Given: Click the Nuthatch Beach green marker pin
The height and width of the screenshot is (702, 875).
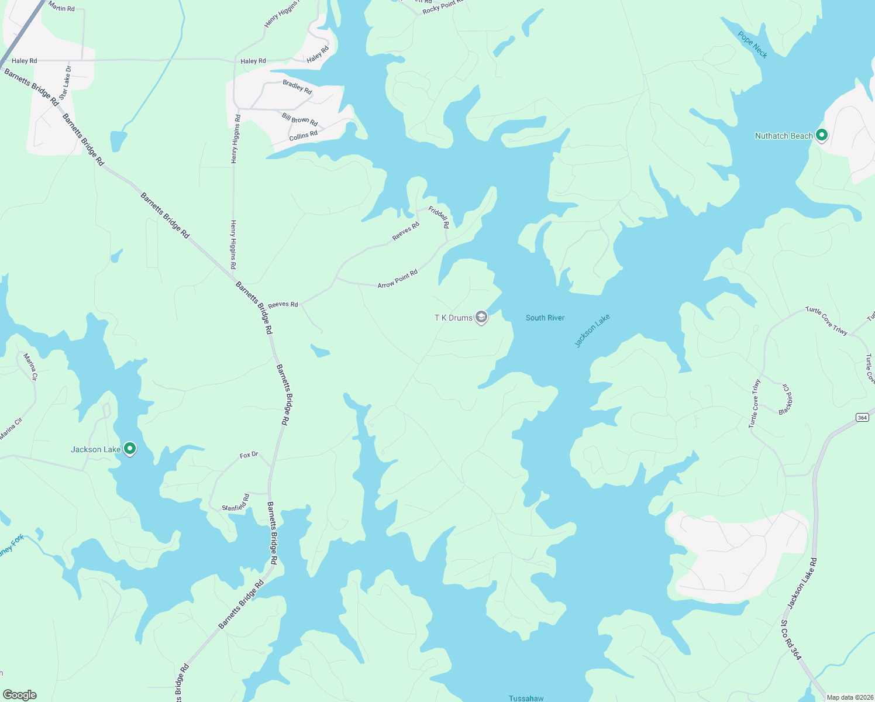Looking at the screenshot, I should tap(821, 135).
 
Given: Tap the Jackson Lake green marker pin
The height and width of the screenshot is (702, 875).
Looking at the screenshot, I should tap(130, 449).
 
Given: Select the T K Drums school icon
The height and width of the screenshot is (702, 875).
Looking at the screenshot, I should tap(481, 318).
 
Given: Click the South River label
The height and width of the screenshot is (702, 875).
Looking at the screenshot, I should tap(545, 318).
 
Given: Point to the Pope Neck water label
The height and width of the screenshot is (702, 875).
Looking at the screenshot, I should tap(752, 44).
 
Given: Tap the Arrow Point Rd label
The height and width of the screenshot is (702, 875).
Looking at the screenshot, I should tap(398, 278).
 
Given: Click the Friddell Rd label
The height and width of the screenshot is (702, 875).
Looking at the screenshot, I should tap(439, 216).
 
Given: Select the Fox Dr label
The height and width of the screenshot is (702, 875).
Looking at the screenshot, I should tap(249, 455).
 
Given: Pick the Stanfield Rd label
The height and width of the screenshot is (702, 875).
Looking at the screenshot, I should tap(236, 503).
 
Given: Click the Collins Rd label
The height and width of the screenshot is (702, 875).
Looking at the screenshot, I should tap(303, 136).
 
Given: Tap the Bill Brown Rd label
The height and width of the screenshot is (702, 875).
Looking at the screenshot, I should tap(299, 119).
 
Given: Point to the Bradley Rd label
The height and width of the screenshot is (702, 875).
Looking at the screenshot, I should tap(297, 87).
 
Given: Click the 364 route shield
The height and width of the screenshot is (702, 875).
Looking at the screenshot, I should tap(862, 417).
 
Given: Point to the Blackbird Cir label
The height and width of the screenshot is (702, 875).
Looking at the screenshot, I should tap(787, 400).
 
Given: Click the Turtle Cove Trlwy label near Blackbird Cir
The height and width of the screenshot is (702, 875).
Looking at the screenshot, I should tap(755, 404).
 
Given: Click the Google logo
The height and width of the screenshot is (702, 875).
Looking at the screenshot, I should tap(20, 694).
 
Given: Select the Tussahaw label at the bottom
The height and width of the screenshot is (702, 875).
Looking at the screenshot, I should tap(526, 698).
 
